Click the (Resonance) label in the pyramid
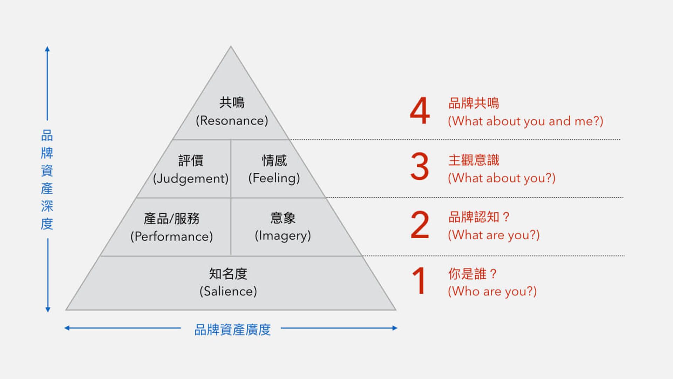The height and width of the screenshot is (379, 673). coord(232,121)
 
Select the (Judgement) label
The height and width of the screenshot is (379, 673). coord(191,179)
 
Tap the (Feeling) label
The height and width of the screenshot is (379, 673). coord(274,178)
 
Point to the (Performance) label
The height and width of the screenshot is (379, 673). coord(171,237)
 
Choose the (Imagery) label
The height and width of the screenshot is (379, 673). coord(283,236)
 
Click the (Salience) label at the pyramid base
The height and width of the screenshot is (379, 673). coord(228,291)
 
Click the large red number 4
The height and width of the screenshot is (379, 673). coord(420,111)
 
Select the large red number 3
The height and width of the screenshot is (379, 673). coord(420,166)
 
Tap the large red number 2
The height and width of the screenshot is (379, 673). coord(420,225)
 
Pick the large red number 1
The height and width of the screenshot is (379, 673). coord(419,280)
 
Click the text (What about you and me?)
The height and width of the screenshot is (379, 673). coord(525,121)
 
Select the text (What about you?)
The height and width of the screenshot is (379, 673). coord(502,178)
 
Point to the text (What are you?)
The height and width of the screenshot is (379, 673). coord(494,235)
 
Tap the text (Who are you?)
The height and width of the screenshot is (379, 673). coord(492,291)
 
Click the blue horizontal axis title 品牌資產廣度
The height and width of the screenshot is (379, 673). coord(232,330)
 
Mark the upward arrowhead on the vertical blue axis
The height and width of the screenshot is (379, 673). coord(47,49)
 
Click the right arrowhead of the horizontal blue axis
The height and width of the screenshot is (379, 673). coord(395,328)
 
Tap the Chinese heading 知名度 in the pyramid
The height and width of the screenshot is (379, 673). coord(228,274)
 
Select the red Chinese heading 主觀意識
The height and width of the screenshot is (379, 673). coord(474,160)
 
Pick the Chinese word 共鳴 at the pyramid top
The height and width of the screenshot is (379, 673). coord(232,102)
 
